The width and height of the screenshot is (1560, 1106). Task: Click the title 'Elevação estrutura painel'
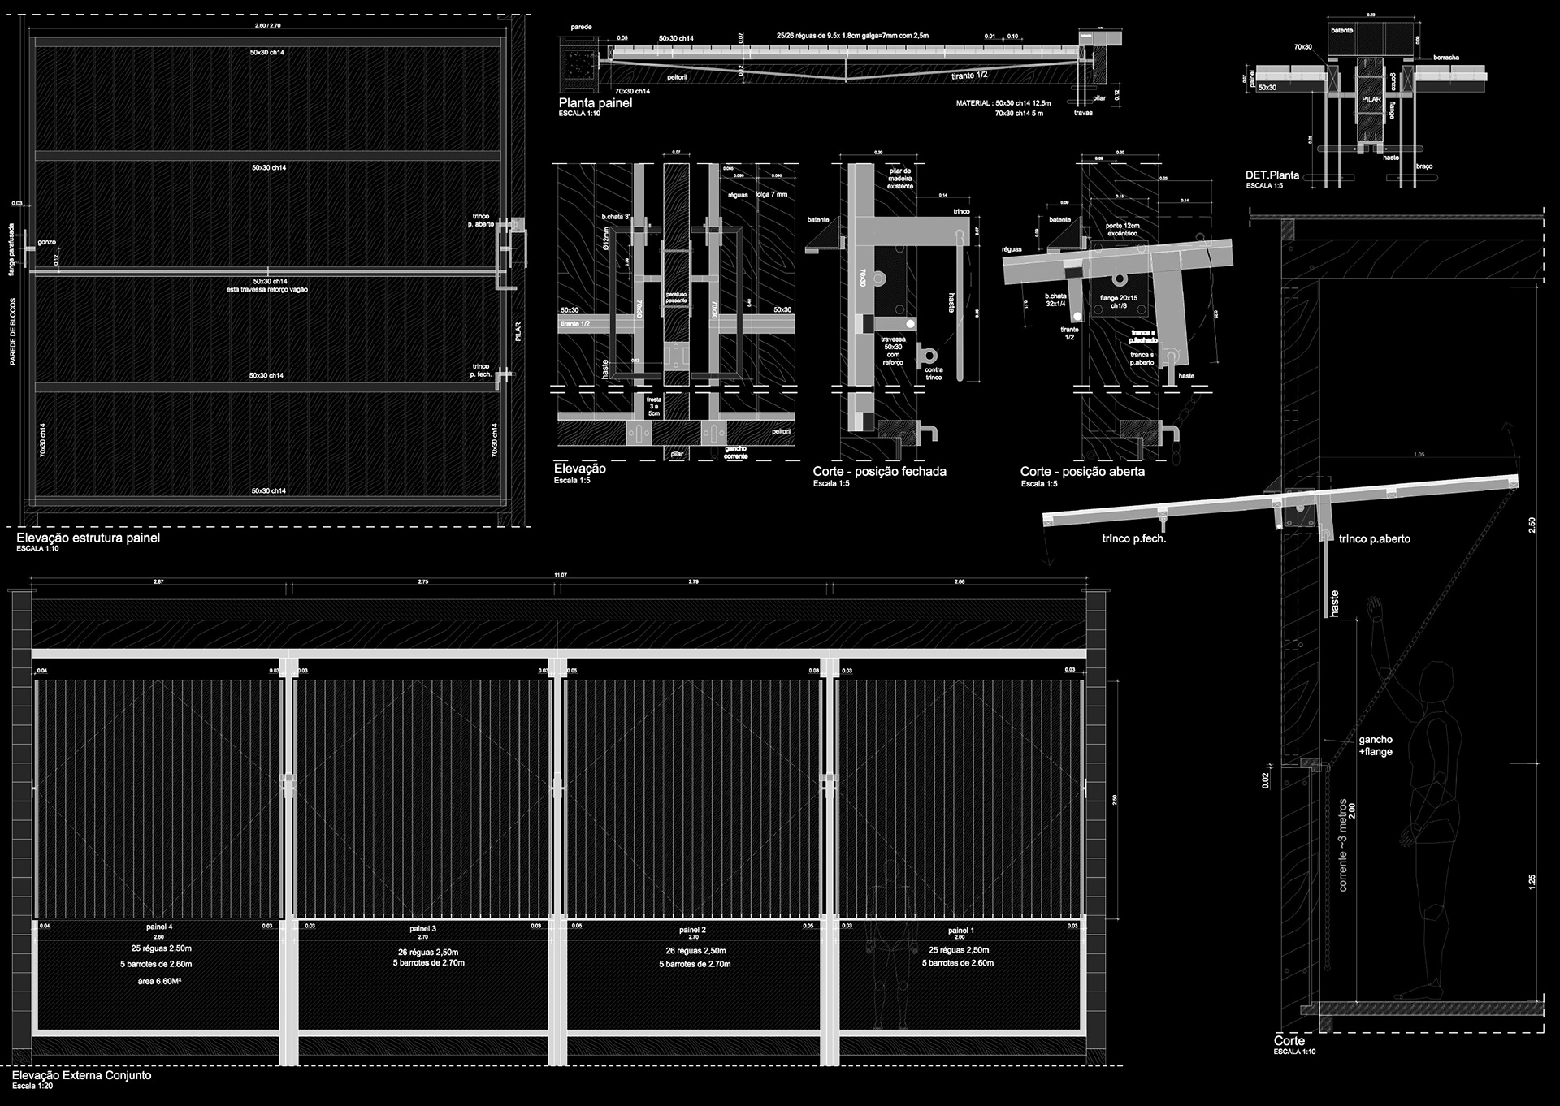[88, 538]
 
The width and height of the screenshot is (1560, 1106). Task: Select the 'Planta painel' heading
[595, 103]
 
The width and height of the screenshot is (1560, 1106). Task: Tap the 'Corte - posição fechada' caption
[879, 471]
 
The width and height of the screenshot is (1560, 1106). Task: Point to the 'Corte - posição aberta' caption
[1082, 471]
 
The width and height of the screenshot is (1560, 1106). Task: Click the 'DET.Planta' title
[1272, 175]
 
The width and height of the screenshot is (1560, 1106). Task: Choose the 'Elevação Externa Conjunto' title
[81, 1075]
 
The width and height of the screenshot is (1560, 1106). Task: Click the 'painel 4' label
[158, 927]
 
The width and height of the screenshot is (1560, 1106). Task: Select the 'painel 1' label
[960, 931]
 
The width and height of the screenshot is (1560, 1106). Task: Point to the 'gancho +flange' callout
[1376, 745]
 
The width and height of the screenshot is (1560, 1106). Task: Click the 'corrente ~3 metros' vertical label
[1342, 844]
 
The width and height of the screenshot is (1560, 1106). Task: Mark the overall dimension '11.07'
[560, 575]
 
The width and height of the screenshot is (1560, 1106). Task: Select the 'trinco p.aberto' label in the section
[1374, 539]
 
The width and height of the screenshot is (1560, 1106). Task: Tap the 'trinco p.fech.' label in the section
[1133, 538]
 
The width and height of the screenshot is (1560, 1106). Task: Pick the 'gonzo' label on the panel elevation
[46, 242]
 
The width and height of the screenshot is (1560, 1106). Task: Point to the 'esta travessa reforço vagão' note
[267, 289]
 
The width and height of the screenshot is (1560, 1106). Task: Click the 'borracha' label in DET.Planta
[1445, 58]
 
